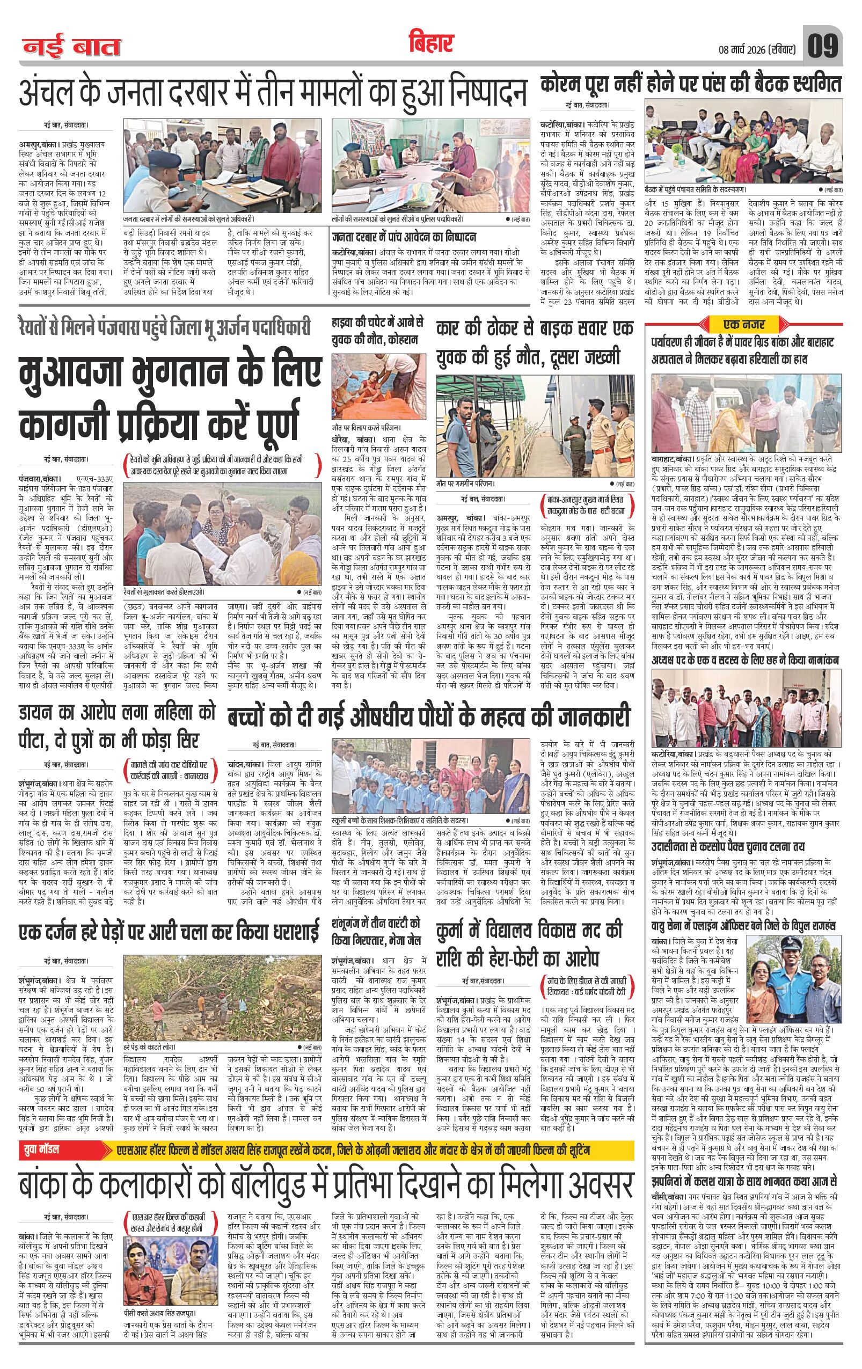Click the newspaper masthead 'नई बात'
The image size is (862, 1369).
click(x=71, y=47)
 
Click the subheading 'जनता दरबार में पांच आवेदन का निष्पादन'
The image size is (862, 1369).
click(x=404, y=237)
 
